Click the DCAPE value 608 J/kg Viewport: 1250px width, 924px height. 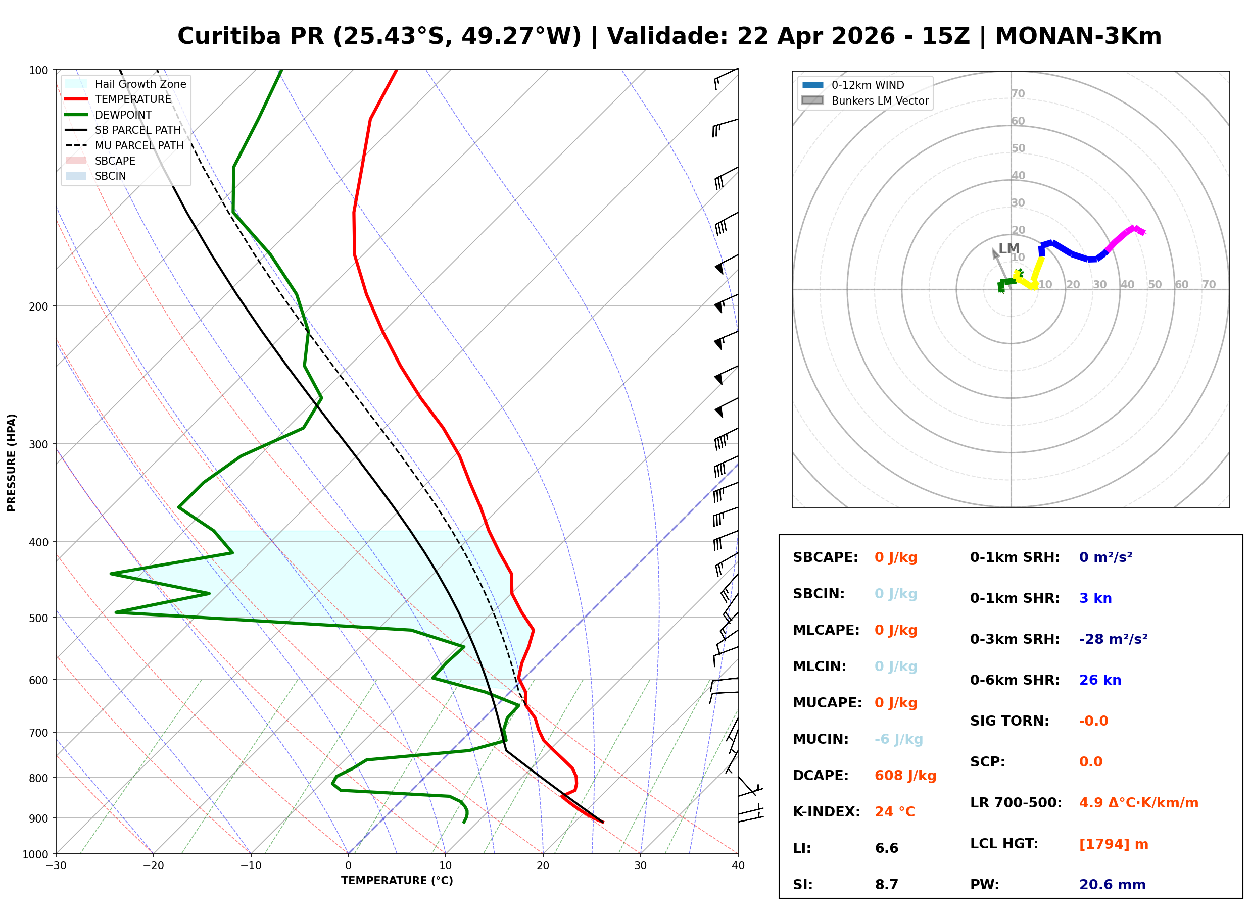[x=905, y=775]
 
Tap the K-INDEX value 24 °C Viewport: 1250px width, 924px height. [x=894, y=811]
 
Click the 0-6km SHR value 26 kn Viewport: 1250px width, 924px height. [x=1099, y=680]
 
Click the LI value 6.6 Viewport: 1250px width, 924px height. [x=886, y=848]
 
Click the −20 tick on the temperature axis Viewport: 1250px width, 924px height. [x=153, y=866]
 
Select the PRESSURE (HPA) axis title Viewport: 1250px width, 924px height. [x=12, y=462]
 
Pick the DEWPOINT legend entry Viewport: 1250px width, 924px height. [x=123, y=115]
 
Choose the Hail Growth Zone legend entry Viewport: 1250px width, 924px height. [x=140, y=84]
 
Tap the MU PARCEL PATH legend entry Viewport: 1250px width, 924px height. [x=139, y=145]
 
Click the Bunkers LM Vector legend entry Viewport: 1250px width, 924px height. [x=879, y=100]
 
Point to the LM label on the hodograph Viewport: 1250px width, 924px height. [x=1008, y=248]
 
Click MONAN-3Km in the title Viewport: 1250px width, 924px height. [x=1078, y=36]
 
